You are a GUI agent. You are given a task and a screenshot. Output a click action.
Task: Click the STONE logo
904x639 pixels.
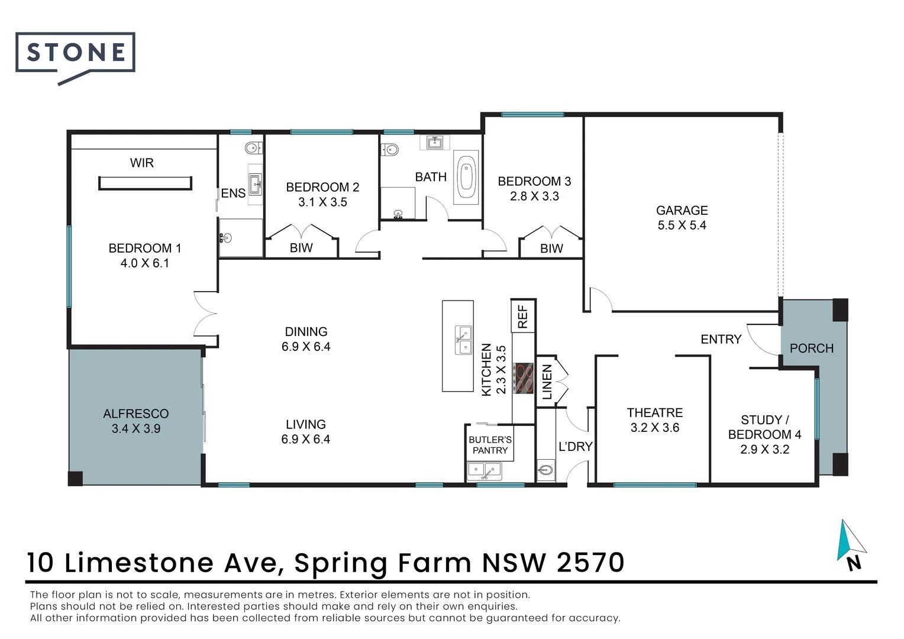pos(75,53)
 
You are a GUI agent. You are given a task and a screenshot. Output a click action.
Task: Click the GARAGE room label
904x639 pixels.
pos(682,211)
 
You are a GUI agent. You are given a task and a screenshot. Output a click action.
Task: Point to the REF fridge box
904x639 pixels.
pos(523,316)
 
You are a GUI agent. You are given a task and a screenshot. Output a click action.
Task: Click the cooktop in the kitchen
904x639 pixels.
pos(523,379)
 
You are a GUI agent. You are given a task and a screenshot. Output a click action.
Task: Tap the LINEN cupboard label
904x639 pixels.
pos(547,382)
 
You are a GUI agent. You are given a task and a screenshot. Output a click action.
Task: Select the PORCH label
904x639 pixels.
pos(811,348)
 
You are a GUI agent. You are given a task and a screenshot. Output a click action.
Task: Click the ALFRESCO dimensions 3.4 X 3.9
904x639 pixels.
pos(136,429)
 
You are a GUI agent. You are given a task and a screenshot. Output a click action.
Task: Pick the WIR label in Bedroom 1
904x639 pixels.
pos(142,163)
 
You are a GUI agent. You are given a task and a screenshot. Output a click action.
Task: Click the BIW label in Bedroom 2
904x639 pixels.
pos(301,248)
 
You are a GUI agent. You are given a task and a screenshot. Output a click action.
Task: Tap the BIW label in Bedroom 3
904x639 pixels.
pos(551,249)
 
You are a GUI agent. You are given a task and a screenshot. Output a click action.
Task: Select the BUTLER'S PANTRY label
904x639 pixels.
pos(490,445)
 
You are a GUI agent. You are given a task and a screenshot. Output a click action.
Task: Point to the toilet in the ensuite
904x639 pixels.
pos(252,148)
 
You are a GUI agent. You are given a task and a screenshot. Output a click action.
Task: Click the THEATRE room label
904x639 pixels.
pos(654,413)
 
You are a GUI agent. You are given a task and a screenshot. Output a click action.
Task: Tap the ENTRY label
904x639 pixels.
pos(721,339)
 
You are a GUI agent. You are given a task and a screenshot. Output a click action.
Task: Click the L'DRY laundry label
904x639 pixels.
pos(575,447)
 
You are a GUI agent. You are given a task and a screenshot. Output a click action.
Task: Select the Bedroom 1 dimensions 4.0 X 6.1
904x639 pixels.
pos(145,263)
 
